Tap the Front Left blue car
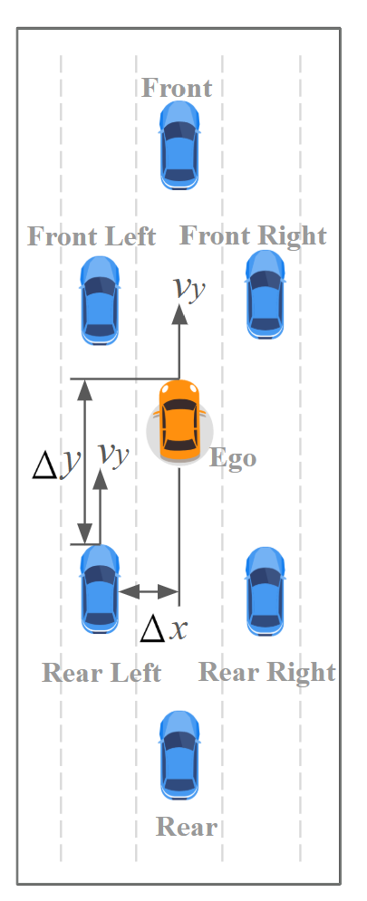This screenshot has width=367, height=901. click(x=100, y=300)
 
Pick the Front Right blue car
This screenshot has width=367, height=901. click(x=266, y=294)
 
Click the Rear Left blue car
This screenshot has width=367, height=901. click(x=100, y=589)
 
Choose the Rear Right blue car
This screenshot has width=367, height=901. click(x=266, y=590)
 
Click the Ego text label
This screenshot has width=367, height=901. click(x=233, y=457)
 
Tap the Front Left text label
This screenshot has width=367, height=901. click(x=92, y=237)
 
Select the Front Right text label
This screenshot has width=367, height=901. click(x=253, y=235)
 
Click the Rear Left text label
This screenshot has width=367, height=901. click(x=101, y=673)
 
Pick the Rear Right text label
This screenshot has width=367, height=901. click(x=266, y=672)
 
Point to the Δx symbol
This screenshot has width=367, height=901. click(x=163, y=628)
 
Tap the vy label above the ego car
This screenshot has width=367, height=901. click(x=189, y=288)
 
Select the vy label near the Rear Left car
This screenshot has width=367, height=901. click(x=113, y=452)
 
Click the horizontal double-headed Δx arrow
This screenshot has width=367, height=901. click(x=149, y=592)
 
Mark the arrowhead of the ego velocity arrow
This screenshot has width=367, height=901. click(x=179, y=315)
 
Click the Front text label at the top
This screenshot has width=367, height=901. click(x=177, y=88)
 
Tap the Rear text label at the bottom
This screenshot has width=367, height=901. click(x=187, y=827)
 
